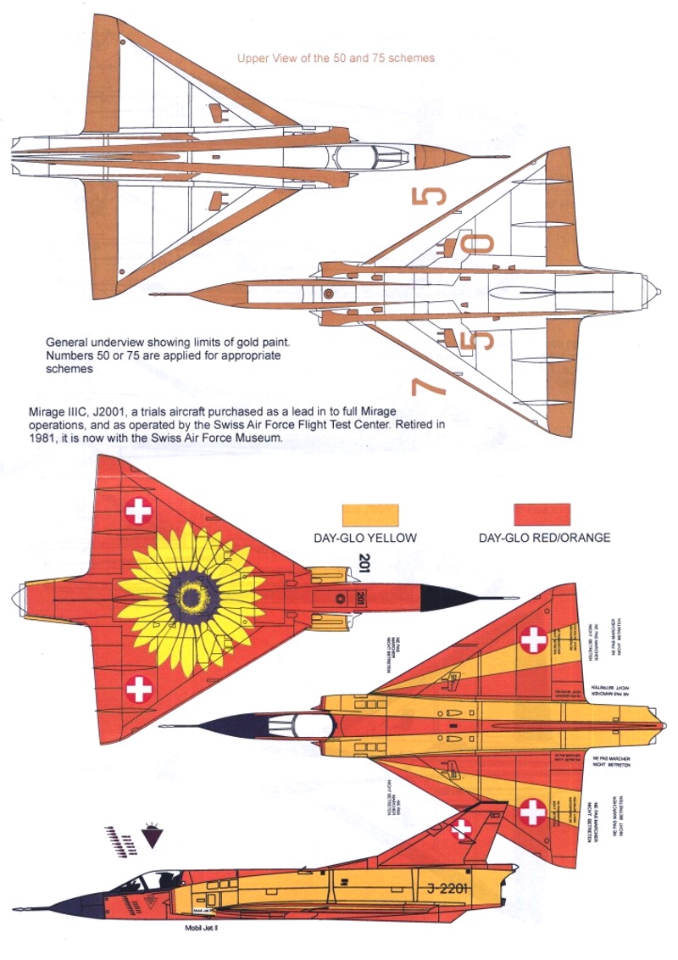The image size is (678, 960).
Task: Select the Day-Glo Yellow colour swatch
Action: point(369,516)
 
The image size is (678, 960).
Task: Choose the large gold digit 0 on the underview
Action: point(481,243)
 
